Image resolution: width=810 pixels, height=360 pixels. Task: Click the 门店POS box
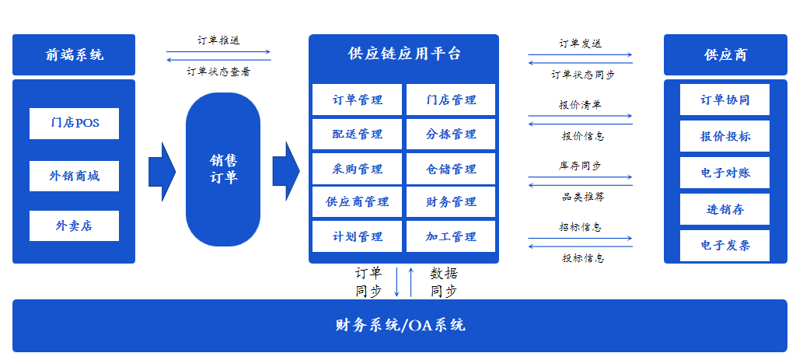pos(74,123)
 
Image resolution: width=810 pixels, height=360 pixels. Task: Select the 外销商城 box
pos(74,176)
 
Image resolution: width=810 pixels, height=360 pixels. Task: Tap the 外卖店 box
pos(74,225)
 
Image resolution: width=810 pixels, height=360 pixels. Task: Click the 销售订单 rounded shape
pos(223,169)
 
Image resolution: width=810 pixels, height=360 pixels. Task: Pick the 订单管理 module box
pos(358,100)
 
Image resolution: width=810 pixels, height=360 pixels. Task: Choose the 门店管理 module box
pos(451,100)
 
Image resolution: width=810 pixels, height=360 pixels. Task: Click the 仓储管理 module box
pos(451,169)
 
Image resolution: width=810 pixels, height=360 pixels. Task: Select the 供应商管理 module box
pos(358,202)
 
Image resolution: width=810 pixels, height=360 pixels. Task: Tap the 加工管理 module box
pos(451,236)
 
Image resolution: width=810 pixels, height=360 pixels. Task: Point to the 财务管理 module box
pos(451,202)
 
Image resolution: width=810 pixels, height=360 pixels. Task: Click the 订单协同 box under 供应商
pos(724,100)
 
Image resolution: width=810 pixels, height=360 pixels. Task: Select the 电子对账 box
pos(724,173)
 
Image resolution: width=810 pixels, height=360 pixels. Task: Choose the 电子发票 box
pos(724,246)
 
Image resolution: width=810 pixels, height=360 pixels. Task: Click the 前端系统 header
pos(74,54)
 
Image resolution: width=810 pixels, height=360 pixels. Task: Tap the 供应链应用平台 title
pos(404,54)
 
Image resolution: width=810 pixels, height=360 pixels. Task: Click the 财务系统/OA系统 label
pos(400,325)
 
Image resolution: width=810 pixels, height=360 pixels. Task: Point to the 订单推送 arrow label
pos(218,40)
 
